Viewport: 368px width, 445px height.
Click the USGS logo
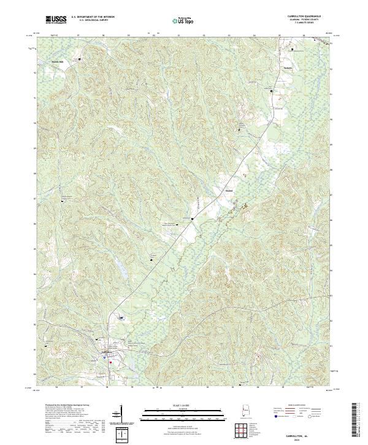click(56, 20)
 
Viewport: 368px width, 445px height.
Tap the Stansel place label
click(229, 190)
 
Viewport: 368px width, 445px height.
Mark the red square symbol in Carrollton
click(110, 362)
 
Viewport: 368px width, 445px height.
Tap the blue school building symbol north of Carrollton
click(121, 317)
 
